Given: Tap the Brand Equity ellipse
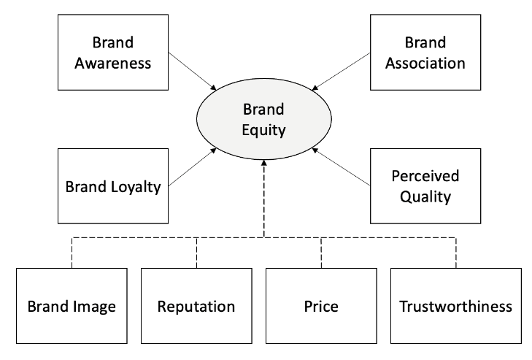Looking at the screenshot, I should (x=265, y=120).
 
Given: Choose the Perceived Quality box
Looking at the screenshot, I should (x=424, y=186).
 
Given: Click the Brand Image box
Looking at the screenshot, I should (x=72, y=305).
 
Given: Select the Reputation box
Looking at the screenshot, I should (x=196, y=305).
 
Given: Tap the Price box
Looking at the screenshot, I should (x=321, y=305).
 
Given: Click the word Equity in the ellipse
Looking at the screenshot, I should (x=265, y=131).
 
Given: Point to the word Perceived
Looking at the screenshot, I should (x=424, y=176).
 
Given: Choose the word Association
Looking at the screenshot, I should (x=424, y=62).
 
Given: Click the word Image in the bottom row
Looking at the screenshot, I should (x=95, y=306).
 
